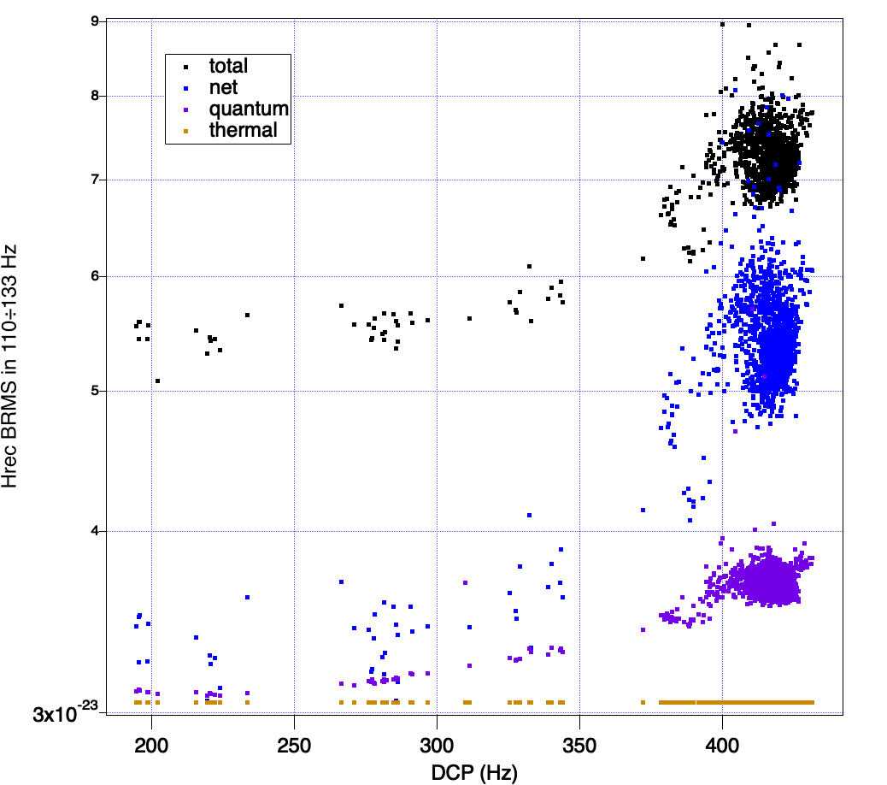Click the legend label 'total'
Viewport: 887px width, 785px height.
pyautogui.click(x=228, y=65)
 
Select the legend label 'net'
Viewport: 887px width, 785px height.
pyautogui.click(x=223, y=86)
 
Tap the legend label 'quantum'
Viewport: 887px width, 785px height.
pyautogui.click(x=249, y=109)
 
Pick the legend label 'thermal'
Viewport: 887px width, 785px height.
pyautogui.click(x=244, y=130)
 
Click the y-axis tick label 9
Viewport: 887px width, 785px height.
pyautogui.click(x=95, y=21)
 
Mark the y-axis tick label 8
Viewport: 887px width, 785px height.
pyautogui.click(x=95, y=96)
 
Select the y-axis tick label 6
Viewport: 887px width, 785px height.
pyautogui.click(x=95, y=276)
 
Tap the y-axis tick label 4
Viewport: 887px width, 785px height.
pyautogui.click(x=95, y=531)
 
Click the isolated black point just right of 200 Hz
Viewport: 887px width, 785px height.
pyautogui.click(x=157, y=381)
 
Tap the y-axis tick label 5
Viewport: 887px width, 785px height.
pyautogui.click(x=95, y=392)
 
